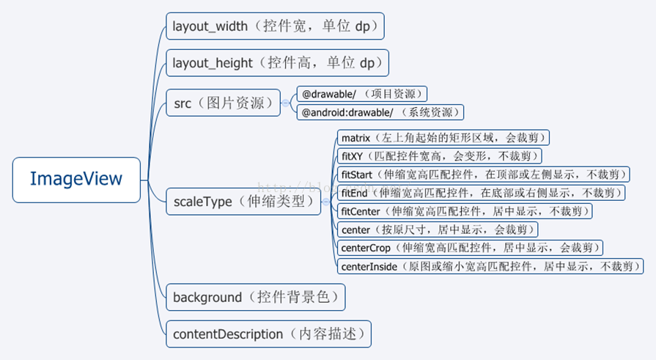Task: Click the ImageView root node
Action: (76, 179)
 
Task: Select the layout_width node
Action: (274, 26)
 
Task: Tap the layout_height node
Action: (276, 63)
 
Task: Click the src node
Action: (223, 103)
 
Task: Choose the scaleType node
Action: (243, 200)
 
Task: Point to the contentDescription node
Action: (268, 334)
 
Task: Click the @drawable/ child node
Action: (361, 94)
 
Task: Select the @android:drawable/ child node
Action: (380, 112)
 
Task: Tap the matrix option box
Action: (443, 137)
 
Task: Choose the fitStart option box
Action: (484, 175)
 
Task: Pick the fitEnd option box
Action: (482, 193)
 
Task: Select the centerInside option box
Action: (490, 266)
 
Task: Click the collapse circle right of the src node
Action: (287, 103)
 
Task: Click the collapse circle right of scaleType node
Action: (327, 201)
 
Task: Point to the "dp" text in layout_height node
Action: (367, 63)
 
